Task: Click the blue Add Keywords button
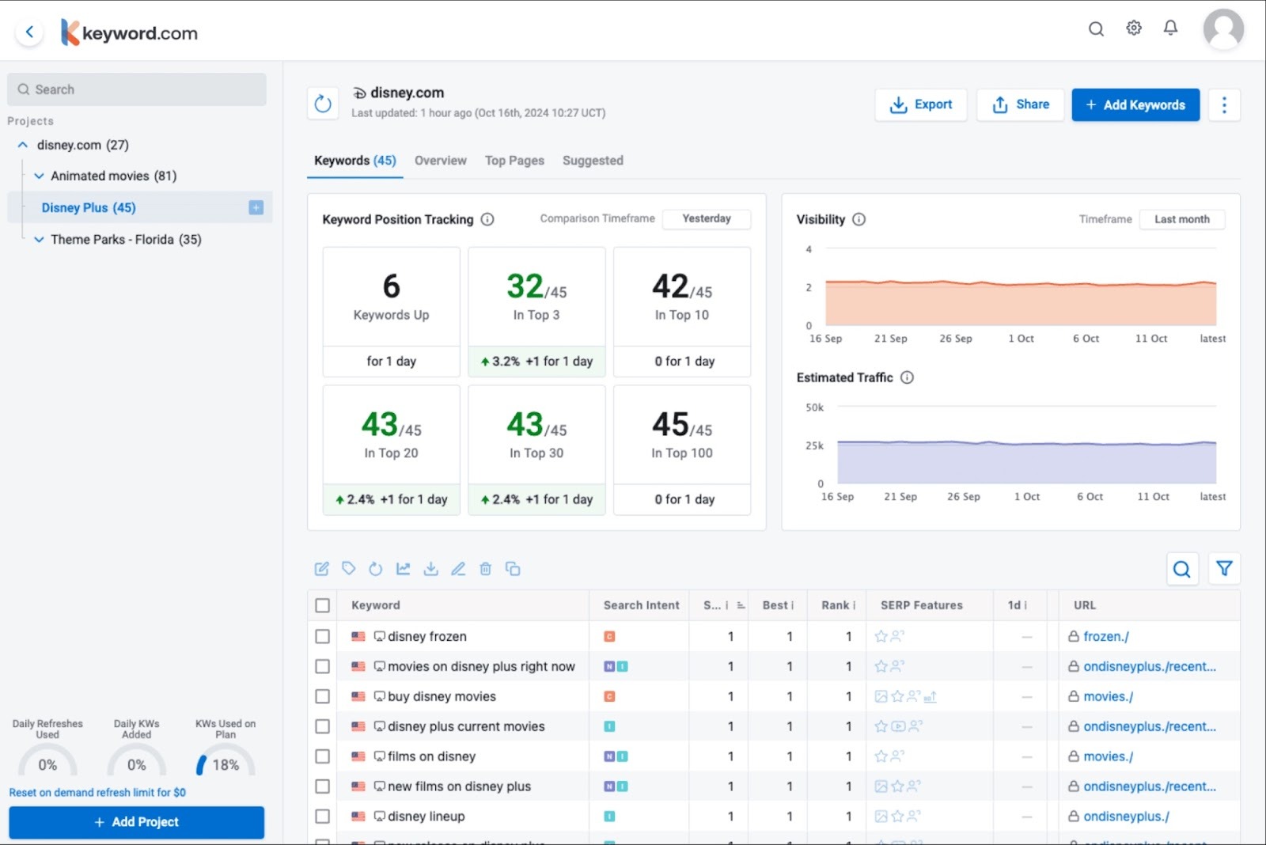pyautogui.click(x=1135, y=104)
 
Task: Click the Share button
pyautogui.click(x=1020, y=104)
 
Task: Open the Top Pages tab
pyautogui.click(x=514, y=161)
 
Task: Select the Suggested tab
pyautogui.click(x=593, y=161)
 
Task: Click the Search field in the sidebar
pyautogui.click(x=137, y=89)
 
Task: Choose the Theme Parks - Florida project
pyautogui.click(x=126, y=239)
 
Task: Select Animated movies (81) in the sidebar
pyautogui.click(x=113, y=176)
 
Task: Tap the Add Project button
pyautogui.click(x=136, y=822)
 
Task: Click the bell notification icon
pyautogui.click(x=1170, y=28)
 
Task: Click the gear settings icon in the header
pyautogui.click(x=1134, y=28)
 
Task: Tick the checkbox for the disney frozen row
pyautogui.click(x=322, y=636)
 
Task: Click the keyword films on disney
pyautogui.click(x=431, y=756)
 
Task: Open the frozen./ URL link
pyautogui.click(x=1105, y=636)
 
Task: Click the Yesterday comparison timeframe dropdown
pyautogui.click(x=706, y=218)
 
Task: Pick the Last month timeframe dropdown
pyautogui.click(x=1181, y=219)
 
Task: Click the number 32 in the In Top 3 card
pyautogui.click(x=525, y=286)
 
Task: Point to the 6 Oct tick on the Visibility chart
pyautogui.click(x=1086, y=339)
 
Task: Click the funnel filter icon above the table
pyautogui.click(x=1223, y=568)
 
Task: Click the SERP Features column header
pyautogui.click(x=921, y=605)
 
